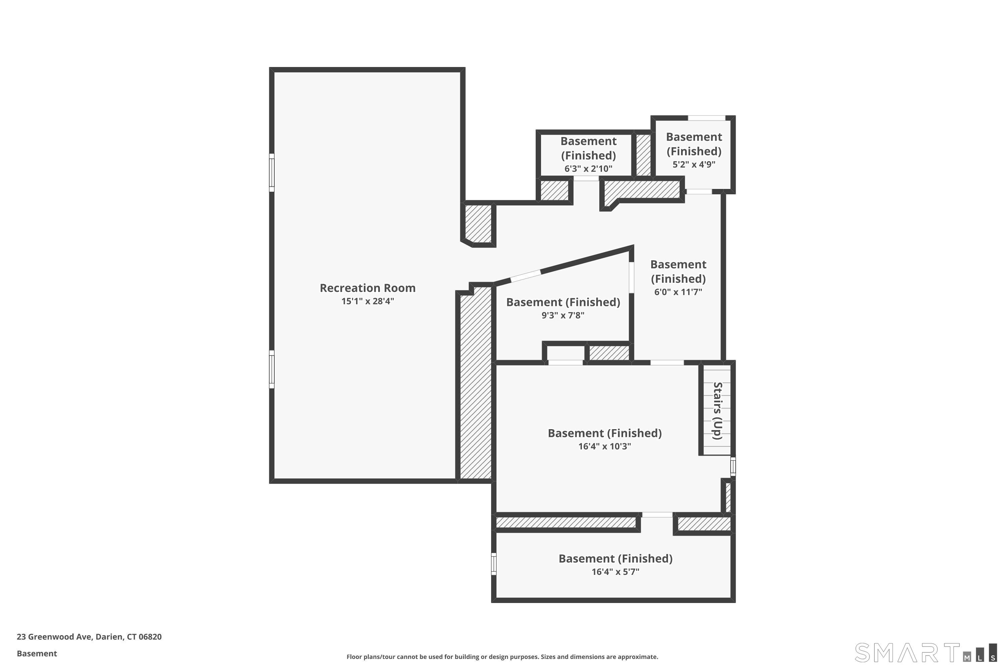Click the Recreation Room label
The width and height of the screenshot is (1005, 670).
pyautogui.click(x=367, y=288)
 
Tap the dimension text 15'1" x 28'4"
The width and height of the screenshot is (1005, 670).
pyautogui.click(x=367, y=301)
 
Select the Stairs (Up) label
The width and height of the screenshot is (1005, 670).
pyautogui.click(x=718, y=411)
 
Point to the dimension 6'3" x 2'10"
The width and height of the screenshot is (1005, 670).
pyautogui.click(x=588, y=169)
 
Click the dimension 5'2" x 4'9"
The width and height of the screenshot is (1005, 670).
pyautogui.click(x=694, y=164)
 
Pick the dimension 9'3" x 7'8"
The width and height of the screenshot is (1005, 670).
pyautogui.click(x=563, y=315)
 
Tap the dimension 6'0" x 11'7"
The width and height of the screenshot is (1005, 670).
pyautogui.click(x=678, y=292)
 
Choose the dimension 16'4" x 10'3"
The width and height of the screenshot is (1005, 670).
pyautogui.click(x=605, y=447)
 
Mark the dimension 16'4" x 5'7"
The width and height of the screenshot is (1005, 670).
pyautogui.click(x=615, y=572)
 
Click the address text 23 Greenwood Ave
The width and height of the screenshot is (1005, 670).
pyautogui.click(x=54, y=637)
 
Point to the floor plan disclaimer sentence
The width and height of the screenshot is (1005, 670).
pyautogui.click(x=502, y=657)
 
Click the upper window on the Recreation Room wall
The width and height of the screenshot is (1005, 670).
pyautogui.click(x=271, y=173)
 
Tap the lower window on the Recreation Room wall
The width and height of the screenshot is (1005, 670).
pyautogui.click(x=271, y=369)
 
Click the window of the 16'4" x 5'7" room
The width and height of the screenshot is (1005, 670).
pyautogui.click(x=493, y=563)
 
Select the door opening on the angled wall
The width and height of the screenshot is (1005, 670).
pyautogui.click(x=526, y=276)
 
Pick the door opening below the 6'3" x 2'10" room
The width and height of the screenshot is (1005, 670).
pyautogui.click(x=586, y=178)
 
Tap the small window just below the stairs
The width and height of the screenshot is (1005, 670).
pyautogui.click(x=733, y=467)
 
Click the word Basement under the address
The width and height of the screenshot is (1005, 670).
pyautogui.click(x=37, y=653)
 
